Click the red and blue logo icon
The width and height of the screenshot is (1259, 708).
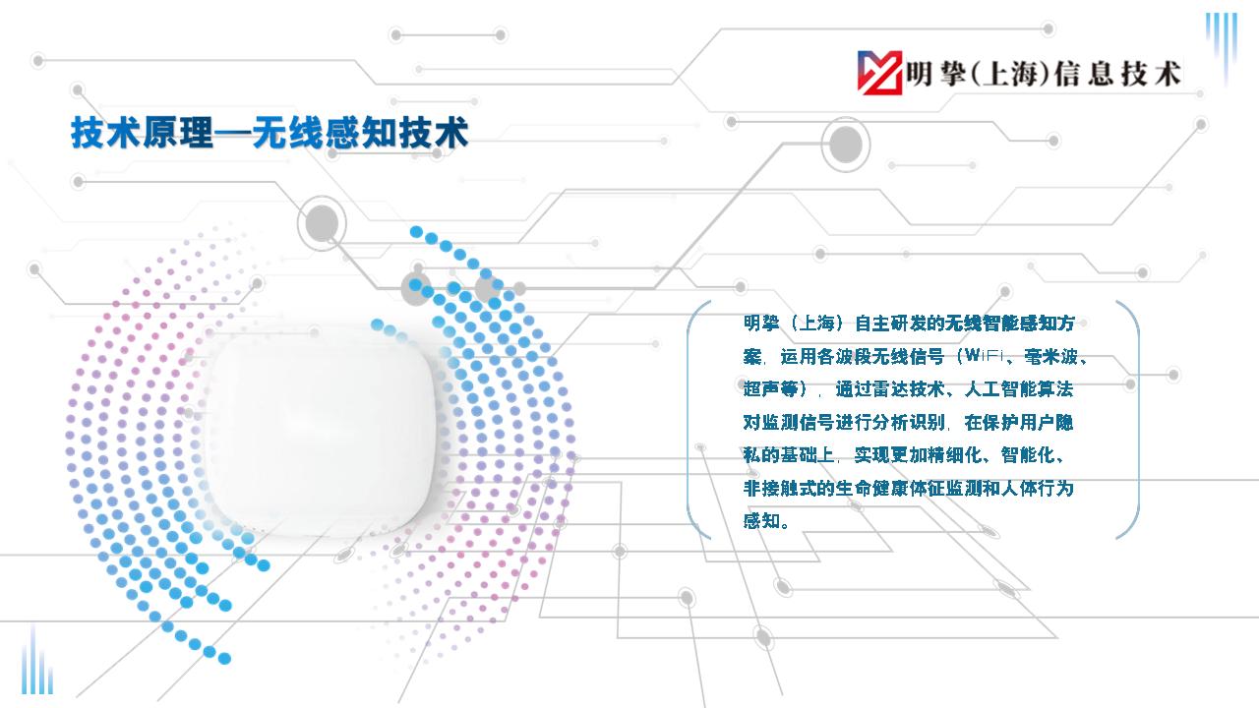(x=879, y=73)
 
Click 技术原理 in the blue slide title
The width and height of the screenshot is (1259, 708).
(x=143, y=133)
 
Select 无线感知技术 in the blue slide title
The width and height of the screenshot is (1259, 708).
(x=361, y=133)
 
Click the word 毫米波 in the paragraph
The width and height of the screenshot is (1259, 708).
(x=1051, y=356)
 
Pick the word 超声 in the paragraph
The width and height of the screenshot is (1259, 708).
(x=761, y=388)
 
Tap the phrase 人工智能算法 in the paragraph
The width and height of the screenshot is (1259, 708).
(x=1019, y=388)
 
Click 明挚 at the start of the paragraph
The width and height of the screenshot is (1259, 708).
(x=761, y=324)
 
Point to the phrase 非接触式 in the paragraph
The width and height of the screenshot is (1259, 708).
(x=779, y=489)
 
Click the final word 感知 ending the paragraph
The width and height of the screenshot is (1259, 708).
(x=761, y=521)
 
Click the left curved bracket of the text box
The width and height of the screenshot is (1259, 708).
(x=689, y=420)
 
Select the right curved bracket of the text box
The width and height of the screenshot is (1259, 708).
(x=1136, y=420)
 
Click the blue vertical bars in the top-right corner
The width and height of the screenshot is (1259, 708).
(x=1222, y=45)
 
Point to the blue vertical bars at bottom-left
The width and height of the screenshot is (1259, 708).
(x=37, y=662)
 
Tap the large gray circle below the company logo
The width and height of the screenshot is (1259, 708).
(x=845, y=145)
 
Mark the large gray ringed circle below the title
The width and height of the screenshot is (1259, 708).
(x=322, y=223)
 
